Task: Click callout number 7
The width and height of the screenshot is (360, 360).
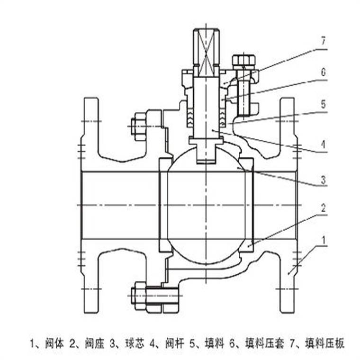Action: click(x=323, y=41)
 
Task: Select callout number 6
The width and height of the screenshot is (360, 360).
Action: click(x=323, y=72)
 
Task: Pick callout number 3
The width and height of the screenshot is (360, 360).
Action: click(x=323, y=180)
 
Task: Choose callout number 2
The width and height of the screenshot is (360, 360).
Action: click(x=323, y=207)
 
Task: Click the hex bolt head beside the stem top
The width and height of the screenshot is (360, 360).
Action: click(x=243, y=61)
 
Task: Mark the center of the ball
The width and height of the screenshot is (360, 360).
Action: click(x=206, y=205)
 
